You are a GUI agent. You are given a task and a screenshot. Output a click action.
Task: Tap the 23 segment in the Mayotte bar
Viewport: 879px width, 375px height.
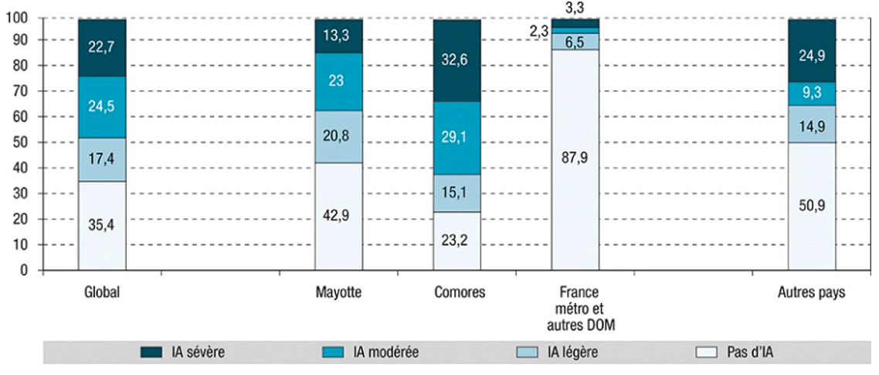pos(338,80)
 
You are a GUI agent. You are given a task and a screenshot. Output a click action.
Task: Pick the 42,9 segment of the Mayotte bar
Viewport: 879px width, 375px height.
pos(338,216)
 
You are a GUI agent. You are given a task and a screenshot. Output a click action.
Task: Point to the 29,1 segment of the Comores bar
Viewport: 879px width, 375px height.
pos(456,138)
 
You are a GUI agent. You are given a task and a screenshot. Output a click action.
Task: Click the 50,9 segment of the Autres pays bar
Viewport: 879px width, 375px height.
pos(810,206)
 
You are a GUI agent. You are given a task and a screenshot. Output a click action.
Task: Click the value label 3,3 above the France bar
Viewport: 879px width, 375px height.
pos(575,8)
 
